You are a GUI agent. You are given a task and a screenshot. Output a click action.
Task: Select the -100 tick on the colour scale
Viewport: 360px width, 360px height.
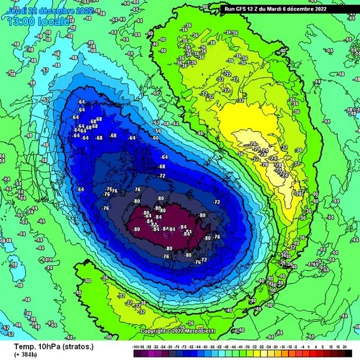(x=137, y=346)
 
